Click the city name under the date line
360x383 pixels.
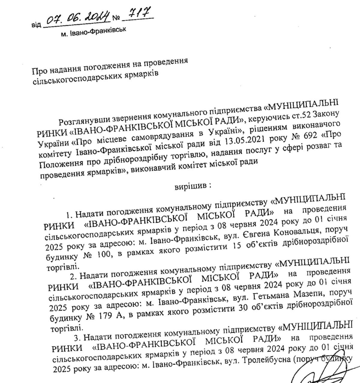click(93, 32)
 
